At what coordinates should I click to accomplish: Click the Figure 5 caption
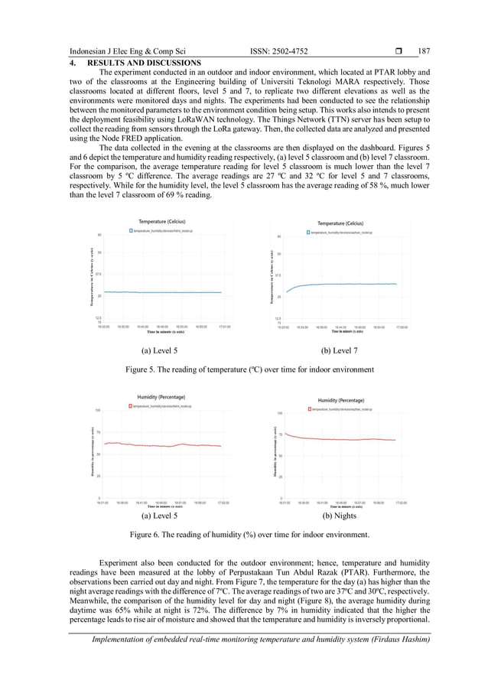click(x=249, y=369)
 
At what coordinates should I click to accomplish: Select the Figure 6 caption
click(x=249, y=534)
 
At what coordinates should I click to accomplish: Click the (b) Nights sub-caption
click(x=342, y=516)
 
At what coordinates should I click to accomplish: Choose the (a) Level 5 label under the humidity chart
click(x=159, y=516)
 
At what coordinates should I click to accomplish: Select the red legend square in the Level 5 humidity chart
click(x=129, y=406)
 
